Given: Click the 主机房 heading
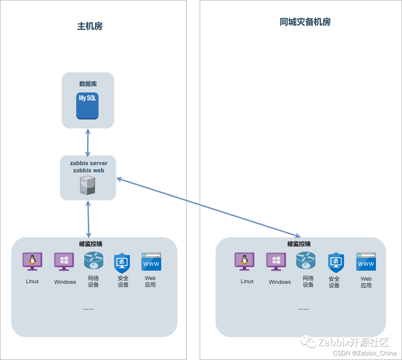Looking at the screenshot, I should (x=90, y=26).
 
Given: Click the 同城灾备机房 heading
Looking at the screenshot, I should (x=305, y=22).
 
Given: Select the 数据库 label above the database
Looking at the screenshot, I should (x=88, y=83).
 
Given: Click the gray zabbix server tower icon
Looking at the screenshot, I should (x=87, y=185).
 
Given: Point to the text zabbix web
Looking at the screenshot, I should (x=89, y=170).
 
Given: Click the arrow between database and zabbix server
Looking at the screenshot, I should (x=88, y=143).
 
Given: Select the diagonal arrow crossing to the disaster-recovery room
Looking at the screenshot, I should (x=208, y=207).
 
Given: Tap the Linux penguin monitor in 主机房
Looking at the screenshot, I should (x=32, y=261).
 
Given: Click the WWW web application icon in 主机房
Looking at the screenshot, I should (x=151, y=261).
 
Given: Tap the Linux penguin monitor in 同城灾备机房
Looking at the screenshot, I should (x=245, y=261).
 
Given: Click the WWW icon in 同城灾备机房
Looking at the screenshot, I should (x=366, y=261).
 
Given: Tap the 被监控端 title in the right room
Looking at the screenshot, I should (x=299, y=244).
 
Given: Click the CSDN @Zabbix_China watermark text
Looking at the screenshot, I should (x=365, y=353).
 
